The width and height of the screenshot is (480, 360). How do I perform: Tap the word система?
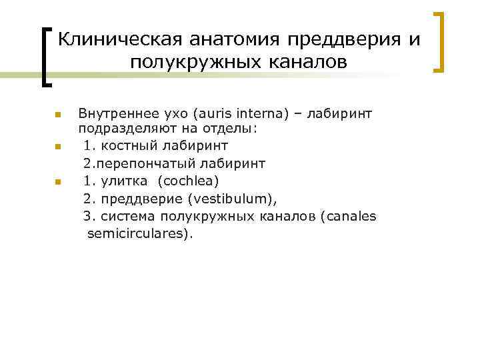pyautogui.click(x=126, y=217)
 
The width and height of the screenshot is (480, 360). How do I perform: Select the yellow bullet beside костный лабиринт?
pyautogui.click(x=58, y=145)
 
